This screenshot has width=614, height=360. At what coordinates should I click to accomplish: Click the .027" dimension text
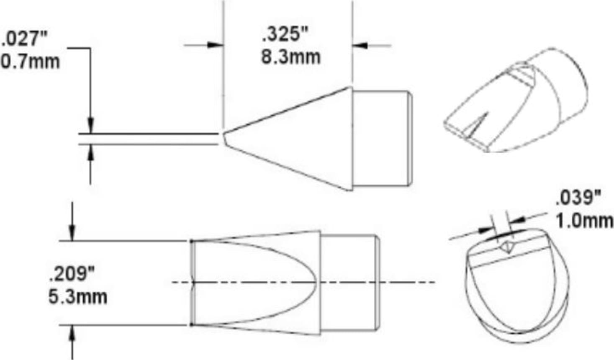pyautogui.click(x=25, y=39)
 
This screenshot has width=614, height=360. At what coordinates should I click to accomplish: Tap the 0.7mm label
pyautogui.click(x=30, y=62)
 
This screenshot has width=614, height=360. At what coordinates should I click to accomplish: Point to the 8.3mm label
pyautogui.click(x=291, y=57)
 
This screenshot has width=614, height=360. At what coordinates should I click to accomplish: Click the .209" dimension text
pyautogui.click(x=72, y=275)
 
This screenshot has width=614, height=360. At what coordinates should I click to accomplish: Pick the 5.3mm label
pyautogui.click(x=78, y=297)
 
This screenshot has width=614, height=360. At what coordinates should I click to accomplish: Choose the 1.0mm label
pyautogui.click(x=584, y=220)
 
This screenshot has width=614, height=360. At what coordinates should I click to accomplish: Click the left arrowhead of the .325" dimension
pyautogui.click(x=215, y=45)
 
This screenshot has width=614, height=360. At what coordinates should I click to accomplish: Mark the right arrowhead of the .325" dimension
pyautogui.click(x=360, y=45)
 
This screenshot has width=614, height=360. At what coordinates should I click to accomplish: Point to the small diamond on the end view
pyautogui.click(x=507, y=246)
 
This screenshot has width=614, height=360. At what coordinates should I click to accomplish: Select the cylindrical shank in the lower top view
pyautogui.click(x=349, y=283)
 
